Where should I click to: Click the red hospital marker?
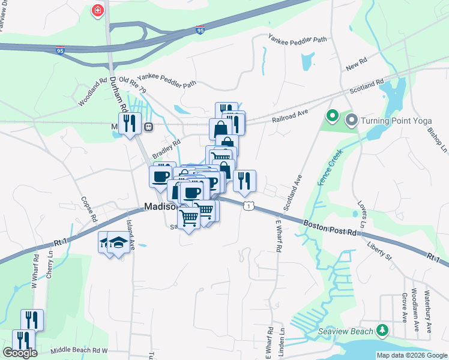pyautogui.click(x=97, y=10)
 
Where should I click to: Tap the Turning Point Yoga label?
pyautogui.click(x=397, y=121)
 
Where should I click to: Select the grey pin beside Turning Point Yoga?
pyautogui.click(x=352, y=121)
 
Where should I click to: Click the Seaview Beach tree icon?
pyautogui.click(x=382, y=331)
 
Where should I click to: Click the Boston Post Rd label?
pyautogui.click(x=330, y=228)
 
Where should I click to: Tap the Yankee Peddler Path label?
pyautogui.click(x=298, y=39)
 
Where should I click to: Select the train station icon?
pyautogui.click(x=148, y=127)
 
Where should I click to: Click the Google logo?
pyautogui.click(x=20, y=353)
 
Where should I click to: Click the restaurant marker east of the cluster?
pyautogui.click(x=244, y=181)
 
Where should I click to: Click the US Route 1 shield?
pyautogui.click(x=248, y=206)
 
